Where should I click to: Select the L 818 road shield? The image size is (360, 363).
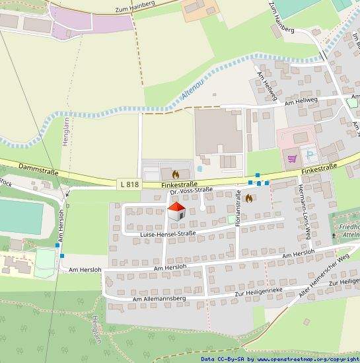click(130, 184)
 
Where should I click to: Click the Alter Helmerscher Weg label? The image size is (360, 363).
click(323, 276)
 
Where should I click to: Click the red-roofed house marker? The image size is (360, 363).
click(176, 212)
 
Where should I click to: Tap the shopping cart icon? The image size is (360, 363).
click(291, 158)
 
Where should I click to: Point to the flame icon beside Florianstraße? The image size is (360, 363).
click(249, 197)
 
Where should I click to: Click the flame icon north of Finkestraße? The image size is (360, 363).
click(175, 174)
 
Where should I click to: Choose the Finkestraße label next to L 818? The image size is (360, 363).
click(179, 184)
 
